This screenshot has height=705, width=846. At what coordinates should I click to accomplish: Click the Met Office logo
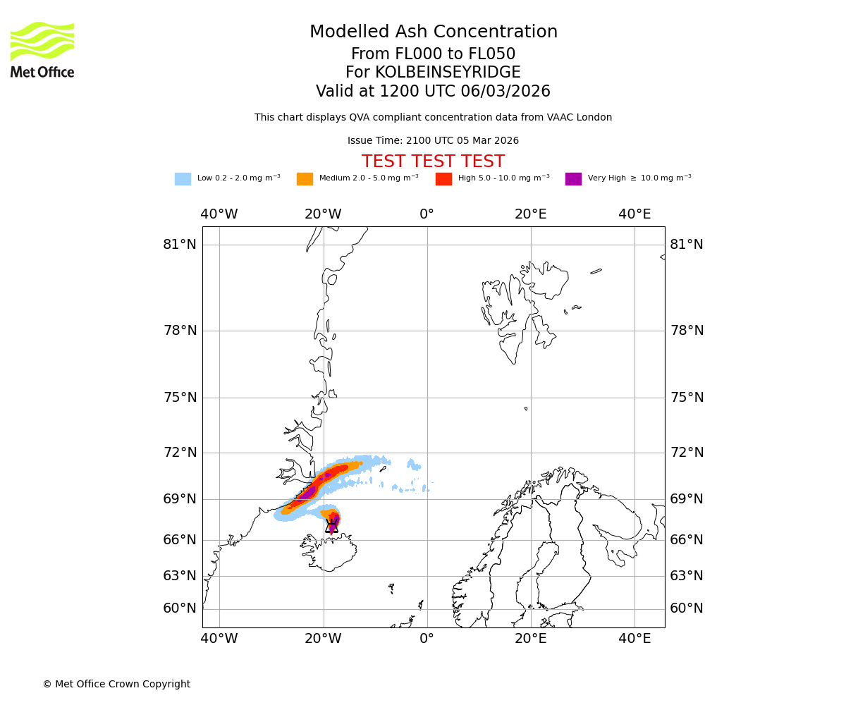[42, 49]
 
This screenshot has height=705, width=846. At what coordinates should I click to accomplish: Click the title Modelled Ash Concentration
[434, 32]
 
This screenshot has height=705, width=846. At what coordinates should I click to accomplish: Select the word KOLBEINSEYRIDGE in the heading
[448, 73]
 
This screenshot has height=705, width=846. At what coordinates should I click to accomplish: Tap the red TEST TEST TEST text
[433, 162]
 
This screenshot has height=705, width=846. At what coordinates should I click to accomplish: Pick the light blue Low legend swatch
[183, 179]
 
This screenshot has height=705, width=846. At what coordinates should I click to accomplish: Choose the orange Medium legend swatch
[305, 179]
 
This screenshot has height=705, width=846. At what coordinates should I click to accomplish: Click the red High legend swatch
[443, 179]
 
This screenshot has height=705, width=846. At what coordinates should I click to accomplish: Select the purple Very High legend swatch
[573, 179]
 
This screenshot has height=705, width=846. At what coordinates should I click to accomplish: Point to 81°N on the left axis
[180, 245]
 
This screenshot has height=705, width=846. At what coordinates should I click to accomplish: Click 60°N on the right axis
[686, 608]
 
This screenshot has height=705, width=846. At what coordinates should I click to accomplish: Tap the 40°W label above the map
[219, 214]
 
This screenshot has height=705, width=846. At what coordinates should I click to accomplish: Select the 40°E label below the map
[634, 639]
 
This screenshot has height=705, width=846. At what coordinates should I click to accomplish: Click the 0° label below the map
[427, 639]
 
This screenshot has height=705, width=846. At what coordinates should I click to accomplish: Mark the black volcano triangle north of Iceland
[331, 526]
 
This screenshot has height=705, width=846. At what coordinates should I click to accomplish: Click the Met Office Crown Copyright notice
[116, 685]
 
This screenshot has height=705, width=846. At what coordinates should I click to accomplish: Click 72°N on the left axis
[180, 453]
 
